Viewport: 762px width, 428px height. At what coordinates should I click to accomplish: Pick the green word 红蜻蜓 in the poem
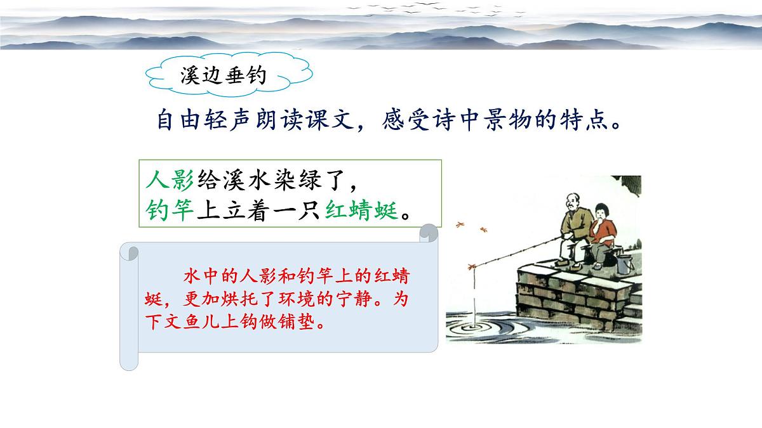tap(363, 210)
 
